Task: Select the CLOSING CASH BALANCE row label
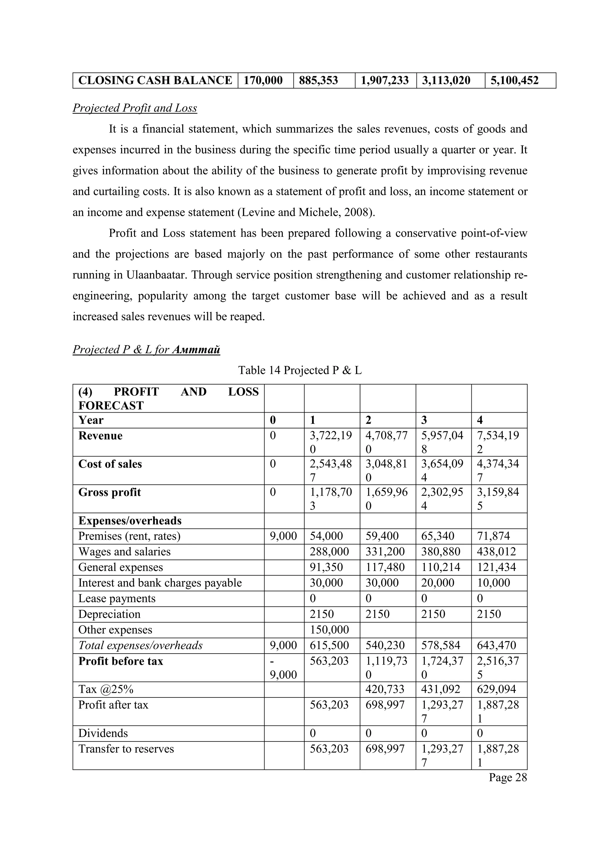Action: click(155, 81)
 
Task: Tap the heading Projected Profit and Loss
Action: click(135, 108)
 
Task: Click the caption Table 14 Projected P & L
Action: click(300, 370)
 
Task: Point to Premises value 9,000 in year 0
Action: click(283, 536)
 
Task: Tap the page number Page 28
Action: click(508, 777)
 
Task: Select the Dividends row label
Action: click(103, 733)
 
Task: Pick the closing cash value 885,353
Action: click(318, 81)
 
